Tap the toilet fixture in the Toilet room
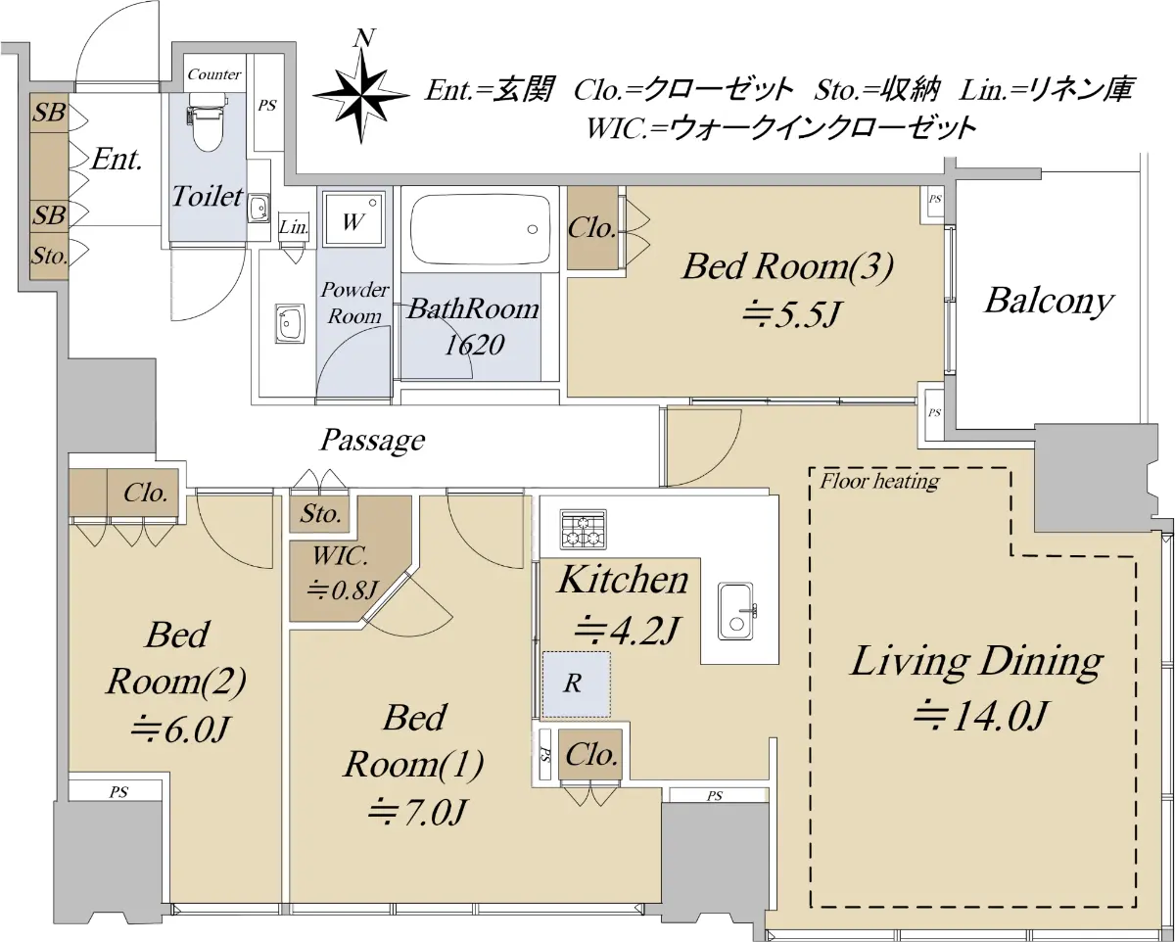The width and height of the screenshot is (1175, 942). click(206, 121)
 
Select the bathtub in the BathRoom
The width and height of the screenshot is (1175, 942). click(480, 229)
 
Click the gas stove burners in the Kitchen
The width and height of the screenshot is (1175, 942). click(584, 529)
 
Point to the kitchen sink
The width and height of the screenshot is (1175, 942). click(737, 611)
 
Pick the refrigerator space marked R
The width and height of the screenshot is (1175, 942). click(576, 684)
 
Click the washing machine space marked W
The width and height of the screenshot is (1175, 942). click(352, 219)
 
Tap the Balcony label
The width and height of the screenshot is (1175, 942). click(1049, 302)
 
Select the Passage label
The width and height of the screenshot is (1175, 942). click(372, 440)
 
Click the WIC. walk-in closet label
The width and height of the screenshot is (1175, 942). click(340, 556)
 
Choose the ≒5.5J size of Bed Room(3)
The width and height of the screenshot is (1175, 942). click(789, 313)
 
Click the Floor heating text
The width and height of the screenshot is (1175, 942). click(879, 481)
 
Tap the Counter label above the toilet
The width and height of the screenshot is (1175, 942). click(214, 74)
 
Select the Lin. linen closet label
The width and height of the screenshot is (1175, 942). click(294, 227)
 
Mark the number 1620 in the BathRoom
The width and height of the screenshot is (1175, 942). click(474, 345)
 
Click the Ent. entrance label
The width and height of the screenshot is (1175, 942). click(117, 160)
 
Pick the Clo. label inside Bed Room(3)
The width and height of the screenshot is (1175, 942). click(591, 228)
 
